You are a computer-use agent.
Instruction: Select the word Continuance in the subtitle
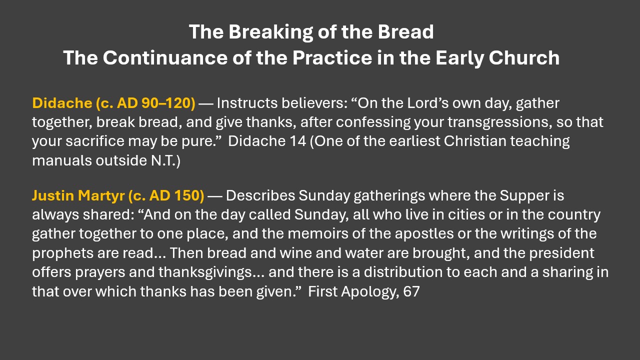click(165, 57)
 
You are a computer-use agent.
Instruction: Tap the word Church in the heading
click(524, 57)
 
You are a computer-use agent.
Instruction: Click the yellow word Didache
click(62, 103)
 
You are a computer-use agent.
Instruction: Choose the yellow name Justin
click(53, 195)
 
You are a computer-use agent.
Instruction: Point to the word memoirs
click(317, 233)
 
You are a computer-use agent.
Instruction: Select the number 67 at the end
click(411, 291)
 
